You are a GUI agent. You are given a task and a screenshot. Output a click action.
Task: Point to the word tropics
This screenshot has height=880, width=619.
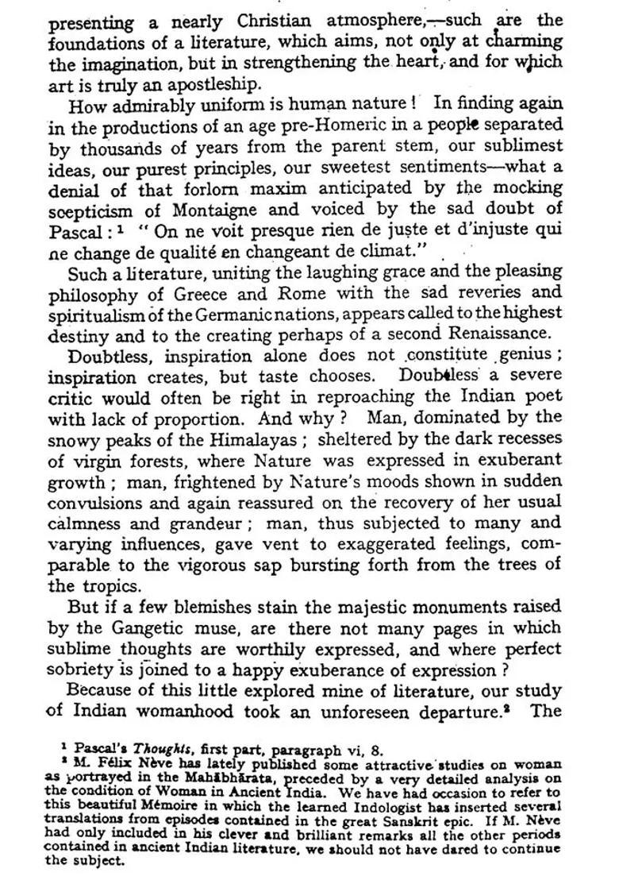coord(108,586)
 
